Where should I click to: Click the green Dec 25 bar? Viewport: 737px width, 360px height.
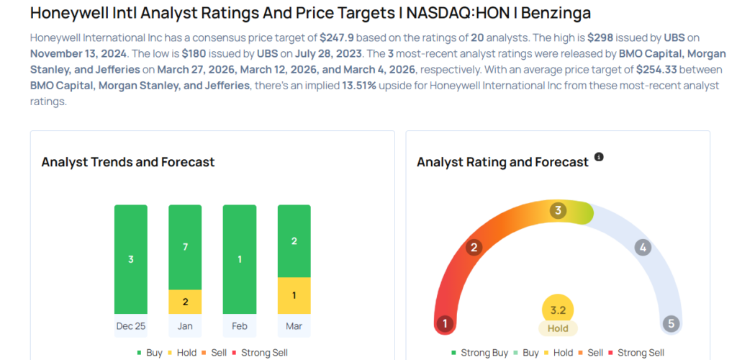coord(130,259)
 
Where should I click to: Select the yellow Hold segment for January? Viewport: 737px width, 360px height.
coord(185,302)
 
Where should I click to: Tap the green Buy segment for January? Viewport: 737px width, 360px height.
coord(185,247)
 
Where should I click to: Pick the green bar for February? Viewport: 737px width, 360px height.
coord(240,259)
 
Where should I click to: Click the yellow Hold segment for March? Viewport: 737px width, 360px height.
coord(294,295)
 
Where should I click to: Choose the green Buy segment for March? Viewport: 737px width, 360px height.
coord(294,241)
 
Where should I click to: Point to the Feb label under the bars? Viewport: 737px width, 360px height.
coord(240,326)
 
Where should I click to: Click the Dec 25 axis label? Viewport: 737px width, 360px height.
coord(130,326)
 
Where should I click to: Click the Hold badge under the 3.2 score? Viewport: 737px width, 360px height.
coord(558,328)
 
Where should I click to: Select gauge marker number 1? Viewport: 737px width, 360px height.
coord(445,323)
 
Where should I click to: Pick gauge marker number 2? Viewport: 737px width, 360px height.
coord(474,248)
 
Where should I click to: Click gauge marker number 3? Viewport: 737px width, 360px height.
coord(558,210)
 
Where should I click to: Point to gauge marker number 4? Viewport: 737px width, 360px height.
coord(643,248)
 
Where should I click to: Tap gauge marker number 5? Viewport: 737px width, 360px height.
coord(671,323)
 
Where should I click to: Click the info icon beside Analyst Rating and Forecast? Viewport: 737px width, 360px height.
coord(599,157)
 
